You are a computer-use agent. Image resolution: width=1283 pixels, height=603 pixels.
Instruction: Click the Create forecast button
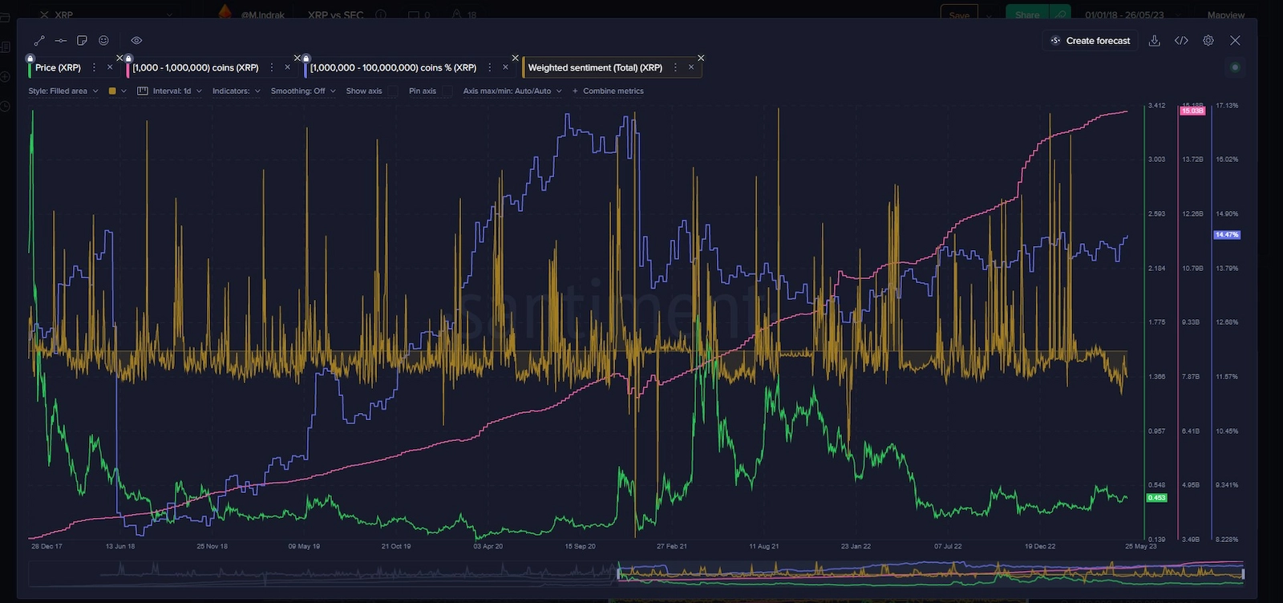[1091, 41]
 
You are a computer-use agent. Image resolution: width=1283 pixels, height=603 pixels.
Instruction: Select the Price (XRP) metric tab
[58, 68]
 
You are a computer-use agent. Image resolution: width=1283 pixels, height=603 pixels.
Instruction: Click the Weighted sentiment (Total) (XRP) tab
[595, 68]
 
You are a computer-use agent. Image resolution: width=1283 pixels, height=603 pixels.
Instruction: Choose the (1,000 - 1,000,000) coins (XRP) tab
[196, 68]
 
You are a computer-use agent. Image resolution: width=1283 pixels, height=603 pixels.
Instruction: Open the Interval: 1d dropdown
[170, 91]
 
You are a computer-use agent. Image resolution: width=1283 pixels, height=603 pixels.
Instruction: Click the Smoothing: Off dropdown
[302, 91]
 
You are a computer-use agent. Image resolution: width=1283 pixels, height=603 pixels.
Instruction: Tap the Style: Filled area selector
[63, 91]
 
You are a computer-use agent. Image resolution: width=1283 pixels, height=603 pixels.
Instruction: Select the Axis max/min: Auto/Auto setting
[512, 91]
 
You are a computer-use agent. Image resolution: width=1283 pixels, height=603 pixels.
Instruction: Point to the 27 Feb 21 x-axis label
[672, 546]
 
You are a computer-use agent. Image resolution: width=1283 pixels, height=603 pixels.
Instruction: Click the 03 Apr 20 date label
[488, 546]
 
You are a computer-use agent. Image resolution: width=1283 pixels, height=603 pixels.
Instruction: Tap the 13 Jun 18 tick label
[120, 546]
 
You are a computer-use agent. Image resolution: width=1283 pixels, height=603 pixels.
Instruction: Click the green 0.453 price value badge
[1156, 498]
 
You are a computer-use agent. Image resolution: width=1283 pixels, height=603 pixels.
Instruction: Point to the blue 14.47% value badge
[1227, 235]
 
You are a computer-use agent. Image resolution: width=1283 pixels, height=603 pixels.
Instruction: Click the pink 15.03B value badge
[1192, 111]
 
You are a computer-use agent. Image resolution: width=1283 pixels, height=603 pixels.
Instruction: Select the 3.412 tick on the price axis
[1156, 106]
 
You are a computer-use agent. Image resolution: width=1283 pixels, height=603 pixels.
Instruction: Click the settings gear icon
[1208, 41]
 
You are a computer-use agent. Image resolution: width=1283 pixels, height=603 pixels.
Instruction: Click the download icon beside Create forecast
[1155, 41]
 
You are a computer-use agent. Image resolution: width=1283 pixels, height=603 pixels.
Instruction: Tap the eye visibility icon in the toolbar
[136, 41]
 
